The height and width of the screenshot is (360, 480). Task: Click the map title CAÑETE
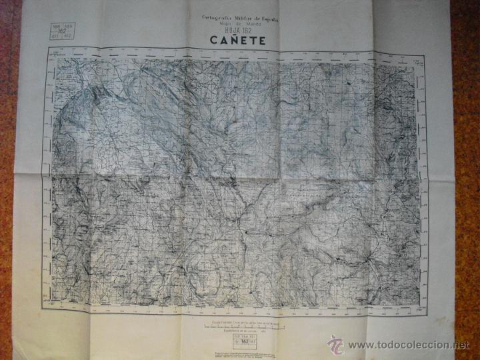[x=238, y=40]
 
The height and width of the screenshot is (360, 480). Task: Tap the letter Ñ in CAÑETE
[x=230, y=39]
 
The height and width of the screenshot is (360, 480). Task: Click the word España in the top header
[x=268, y=17]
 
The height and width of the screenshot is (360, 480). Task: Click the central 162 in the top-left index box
[x=61, y=31]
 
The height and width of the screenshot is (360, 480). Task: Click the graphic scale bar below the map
[x=243, y=325]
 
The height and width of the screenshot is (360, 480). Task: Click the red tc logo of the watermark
[x=335, y=344]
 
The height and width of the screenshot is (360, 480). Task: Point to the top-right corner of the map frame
[x=424, y=53]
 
